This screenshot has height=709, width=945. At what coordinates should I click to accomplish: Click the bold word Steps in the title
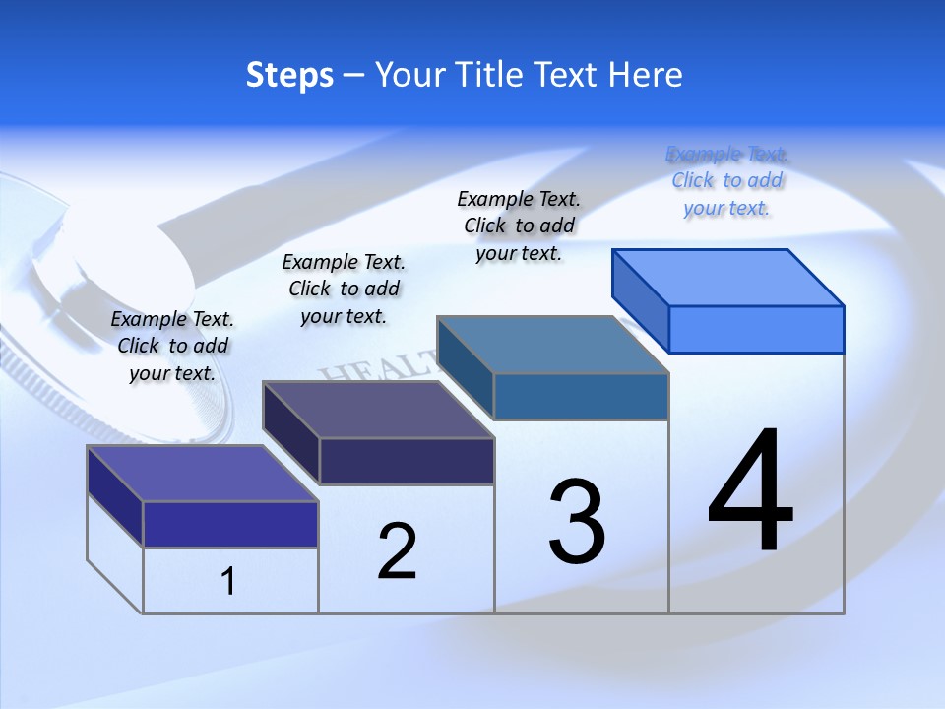[x=289, y=75]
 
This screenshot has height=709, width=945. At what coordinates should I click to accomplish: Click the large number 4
[x=750, y=491]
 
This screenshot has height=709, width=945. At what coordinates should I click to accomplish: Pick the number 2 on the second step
[x=398, y=550]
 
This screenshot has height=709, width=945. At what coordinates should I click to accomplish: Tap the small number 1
[x=228, y=581]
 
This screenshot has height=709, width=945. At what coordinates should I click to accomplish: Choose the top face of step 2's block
[x=378, y=410]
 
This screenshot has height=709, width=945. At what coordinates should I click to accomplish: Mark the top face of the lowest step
[x=203, y=474]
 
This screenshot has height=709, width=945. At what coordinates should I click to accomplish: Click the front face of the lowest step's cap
[x=230, y=524]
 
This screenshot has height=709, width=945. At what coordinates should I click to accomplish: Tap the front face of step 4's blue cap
[x=756, y=329]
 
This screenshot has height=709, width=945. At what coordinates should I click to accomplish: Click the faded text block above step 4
[x=726, y=181]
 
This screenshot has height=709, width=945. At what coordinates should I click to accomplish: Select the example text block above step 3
[x=519, y=226]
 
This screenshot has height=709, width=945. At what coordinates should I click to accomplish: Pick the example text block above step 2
[x=344, y=289]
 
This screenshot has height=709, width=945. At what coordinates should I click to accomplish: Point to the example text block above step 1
[x=172, y=346]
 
